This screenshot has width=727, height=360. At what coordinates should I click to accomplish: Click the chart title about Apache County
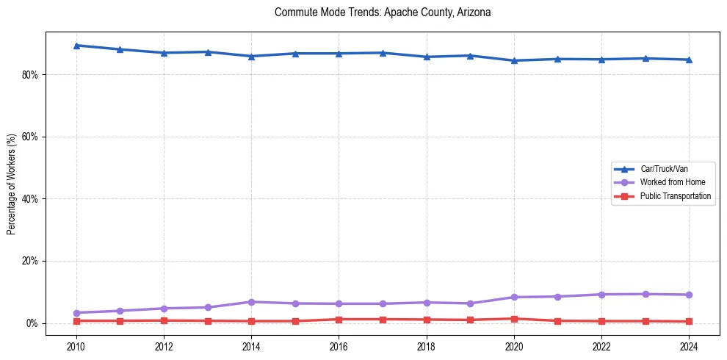pos(382,12)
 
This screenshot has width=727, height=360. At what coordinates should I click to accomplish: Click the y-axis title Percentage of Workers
pos(12,184)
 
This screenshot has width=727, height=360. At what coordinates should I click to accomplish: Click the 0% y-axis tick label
pos(32,323)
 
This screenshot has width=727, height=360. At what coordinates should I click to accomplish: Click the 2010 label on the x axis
pos(76,346)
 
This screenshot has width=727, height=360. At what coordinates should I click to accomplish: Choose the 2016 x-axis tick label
pos(339,346)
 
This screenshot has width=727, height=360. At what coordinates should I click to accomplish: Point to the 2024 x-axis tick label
pos(689,346)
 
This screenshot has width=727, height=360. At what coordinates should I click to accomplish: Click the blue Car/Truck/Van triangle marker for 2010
pos(76,46)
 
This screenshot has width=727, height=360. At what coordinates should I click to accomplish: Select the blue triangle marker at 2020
pos(514,60)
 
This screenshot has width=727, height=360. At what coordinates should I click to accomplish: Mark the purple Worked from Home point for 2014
pos(251,302)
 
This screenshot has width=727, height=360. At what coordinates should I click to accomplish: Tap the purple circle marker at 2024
pos(689,295)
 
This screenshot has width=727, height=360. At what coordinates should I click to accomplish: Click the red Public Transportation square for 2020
pos(514,319)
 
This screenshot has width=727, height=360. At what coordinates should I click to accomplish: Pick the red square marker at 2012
pos(164,320)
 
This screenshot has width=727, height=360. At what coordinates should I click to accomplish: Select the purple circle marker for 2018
pos(427,303)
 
